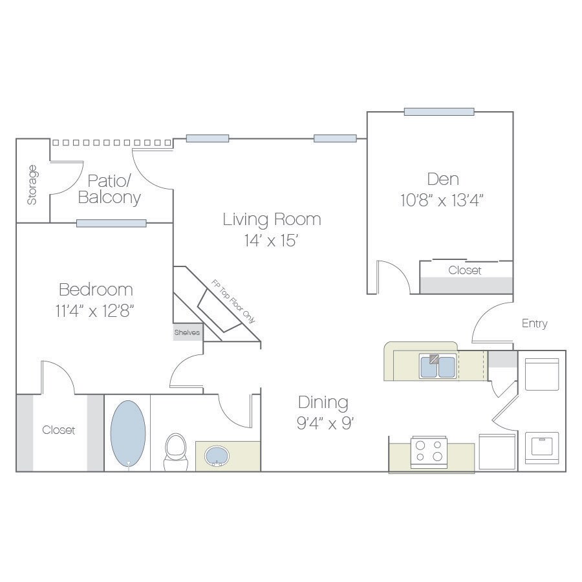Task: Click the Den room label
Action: click(443, 178)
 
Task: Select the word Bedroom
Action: click(96, 289)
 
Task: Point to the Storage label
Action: click(32, 185)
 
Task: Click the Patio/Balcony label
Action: click(110, 189)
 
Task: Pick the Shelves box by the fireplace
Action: click(187, 332)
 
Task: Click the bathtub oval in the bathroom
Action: click(127, 433)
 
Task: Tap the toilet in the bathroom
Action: click(175, 450)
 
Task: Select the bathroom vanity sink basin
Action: click(217, 455)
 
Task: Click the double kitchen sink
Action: click(438, 367)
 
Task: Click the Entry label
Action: click(534, 323)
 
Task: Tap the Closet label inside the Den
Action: click(465, 270)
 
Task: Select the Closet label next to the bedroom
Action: click(59, 430)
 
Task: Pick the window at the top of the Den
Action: click(439, 112)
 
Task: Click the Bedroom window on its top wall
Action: click(111, 224)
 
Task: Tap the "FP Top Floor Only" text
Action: click(233, 302)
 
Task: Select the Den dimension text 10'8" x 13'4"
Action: click(442, 200)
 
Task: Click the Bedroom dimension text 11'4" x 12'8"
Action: click(95, 310)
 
